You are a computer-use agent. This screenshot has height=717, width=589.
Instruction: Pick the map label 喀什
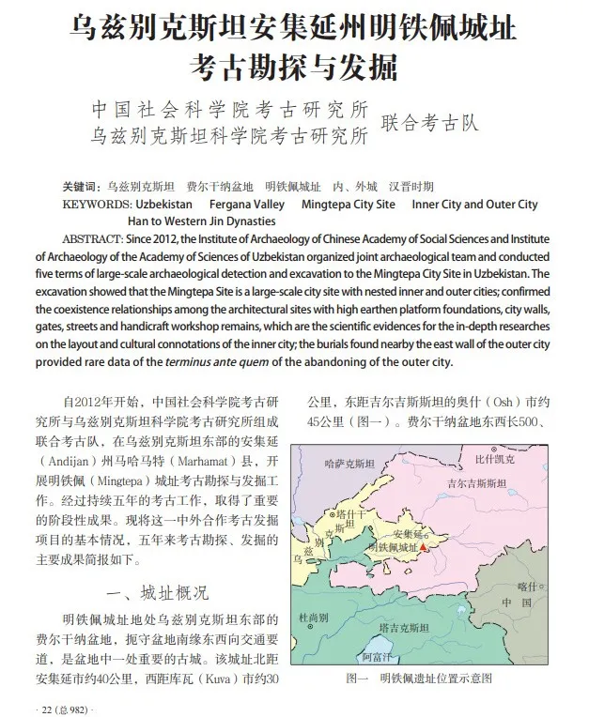coord(529,587)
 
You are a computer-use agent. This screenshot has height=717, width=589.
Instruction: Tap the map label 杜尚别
coord(316,618)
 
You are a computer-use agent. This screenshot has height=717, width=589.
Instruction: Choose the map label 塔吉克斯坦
coord(406,626)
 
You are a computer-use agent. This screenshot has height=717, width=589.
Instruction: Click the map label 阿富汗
coord(380,656)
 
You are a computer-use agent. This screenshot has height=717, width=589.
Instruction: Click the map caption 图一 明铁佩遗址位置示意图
coord(419,678)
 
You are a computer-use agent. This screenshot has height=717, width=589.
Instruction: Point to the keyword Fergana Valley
coord(245,204)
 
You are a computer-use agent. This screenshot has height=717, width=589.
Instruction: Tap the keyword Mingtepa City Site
coord(349,204)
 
